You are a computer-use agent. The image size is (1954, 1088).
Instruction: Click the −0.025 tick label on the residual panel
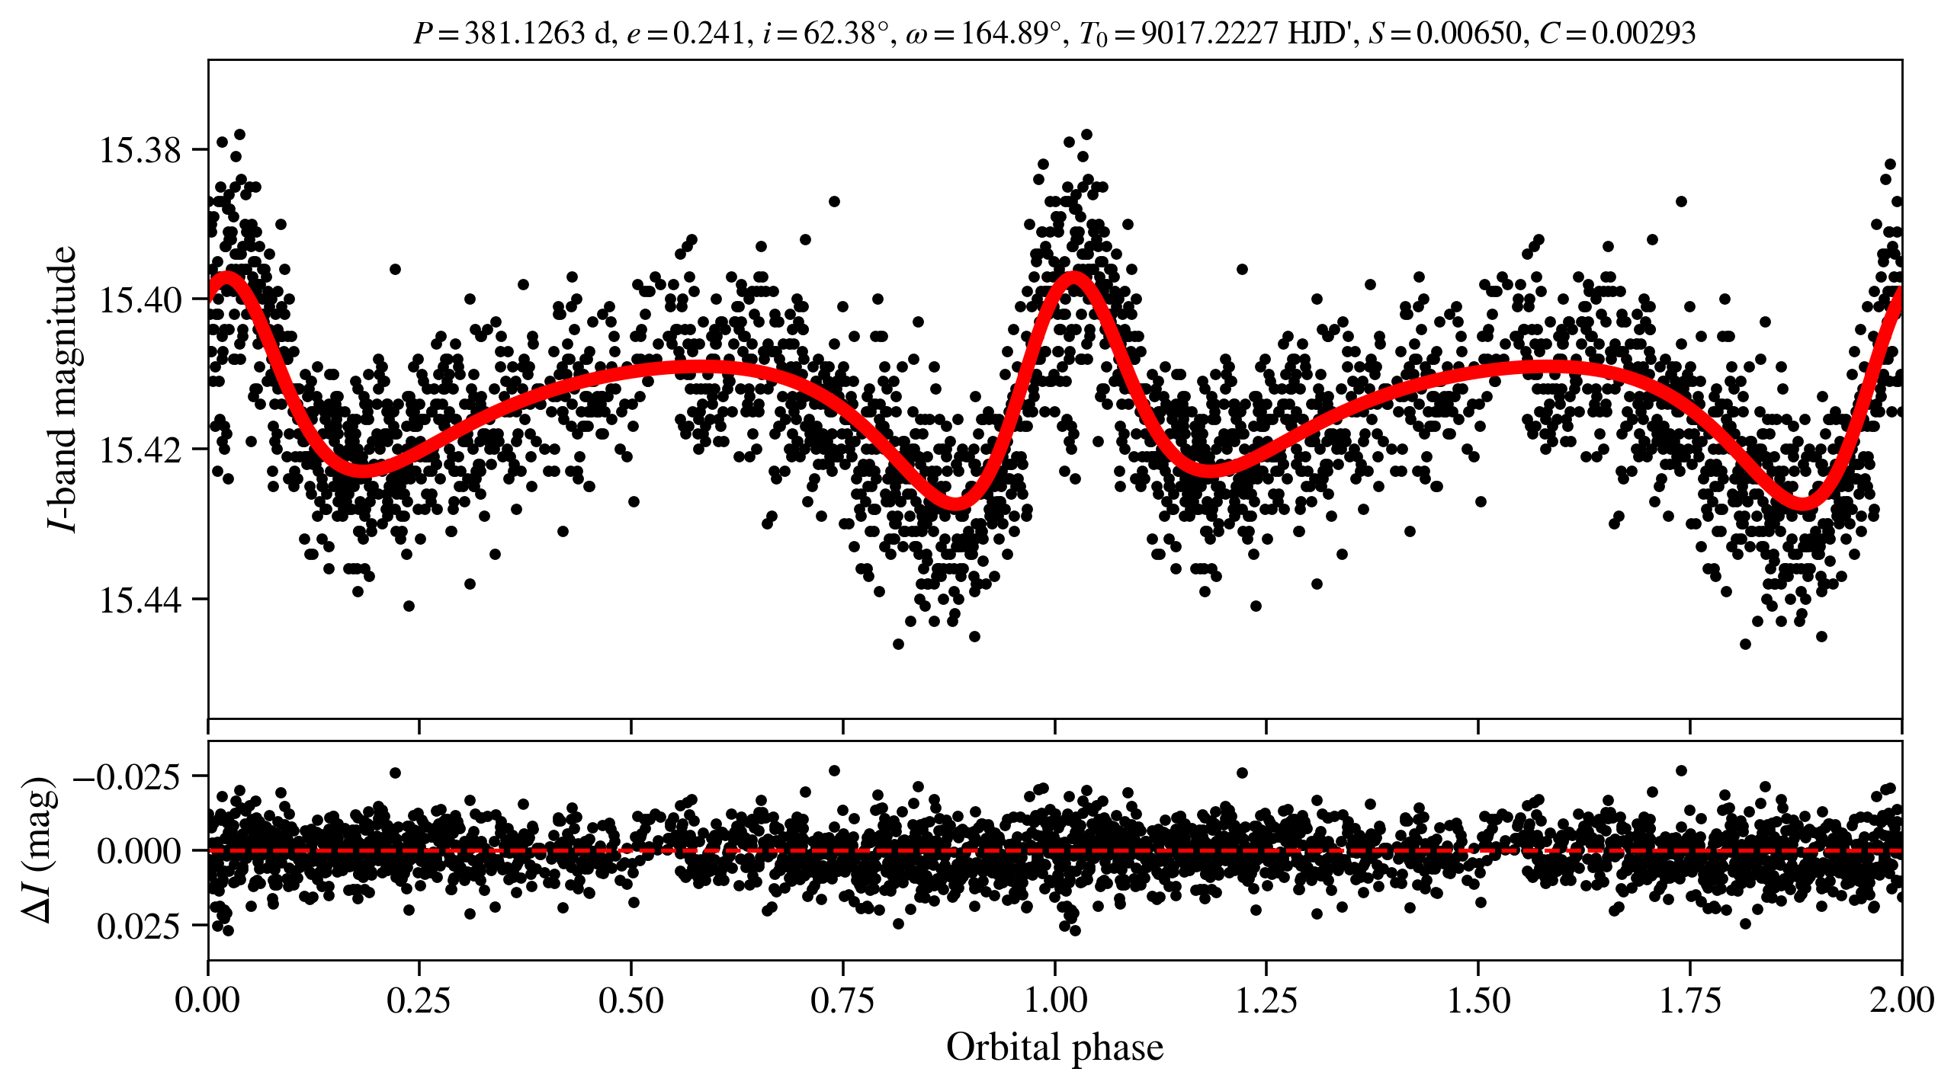coord(127,777)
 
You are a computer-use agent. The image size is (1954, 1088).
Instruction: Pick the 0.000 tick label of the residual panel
coord(139,850)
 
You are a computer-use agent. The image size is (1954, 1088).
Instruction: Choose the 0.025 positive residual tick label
coord(139,926)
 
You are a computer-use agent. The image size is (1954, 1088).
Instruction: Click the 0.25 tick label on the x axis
coord(419,1000)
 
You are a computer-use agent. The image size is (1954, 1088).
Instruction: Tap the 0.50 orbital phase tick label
coord(630,1000)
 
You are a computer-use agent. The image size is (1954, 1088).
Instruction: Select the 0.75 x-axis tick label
coord(842,1000)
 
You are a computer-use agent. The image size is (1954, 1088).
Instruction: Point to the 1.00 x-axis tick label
coord(1054,1000)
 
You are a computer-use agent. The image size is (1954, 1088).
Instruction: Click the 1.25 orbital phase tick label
coord(1266,1000)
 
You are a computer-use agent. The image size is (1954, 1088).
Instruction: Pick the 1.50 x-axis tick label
coord(1478,1000)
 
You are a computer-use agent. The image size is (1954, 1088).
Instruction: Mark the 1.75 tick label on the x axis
coord(1690,1000)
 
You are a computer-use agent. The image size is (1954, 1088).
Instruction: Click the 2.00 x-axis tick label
coord(1901,1000)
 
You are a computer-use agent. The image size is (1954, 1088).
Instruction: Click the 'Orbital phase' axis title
coord(1054,1048)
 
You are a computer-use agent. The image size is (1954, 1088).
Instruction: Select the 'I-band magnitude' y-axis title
coord(63,389)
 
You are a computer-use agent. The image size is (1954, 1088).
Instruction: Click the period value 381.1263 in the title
coord(524,34)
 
